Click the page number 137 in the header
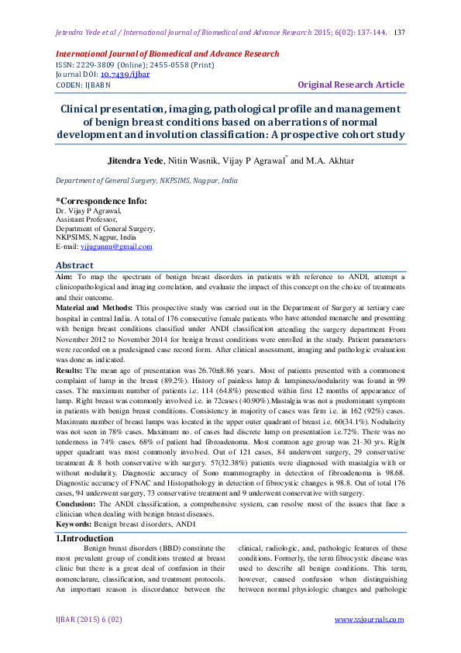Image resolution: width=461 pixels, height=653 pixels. [400, 33]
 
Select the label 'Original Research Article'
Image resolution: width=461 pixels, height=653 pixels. [351, 85]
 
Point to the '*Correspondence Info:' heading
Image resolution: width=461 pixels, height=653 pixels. [101, 201]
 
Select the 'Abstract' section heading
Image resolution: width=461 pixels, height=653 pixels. [75, 265]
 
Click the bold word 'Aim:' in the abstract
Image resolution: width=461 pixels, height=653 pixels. [64, 276]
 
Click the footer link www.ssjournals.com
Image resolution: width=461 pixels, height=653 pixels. [369, 619]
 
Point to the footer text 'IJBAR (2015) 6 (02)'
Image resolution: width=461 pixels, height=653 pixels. [89, 619]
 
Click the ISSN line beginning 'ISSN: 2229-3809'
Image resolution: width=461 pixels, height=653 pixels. [124, 64]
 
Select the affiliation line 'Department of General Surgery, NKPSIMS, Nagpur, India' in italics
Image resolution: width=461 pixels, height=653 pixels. [146, 181]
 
